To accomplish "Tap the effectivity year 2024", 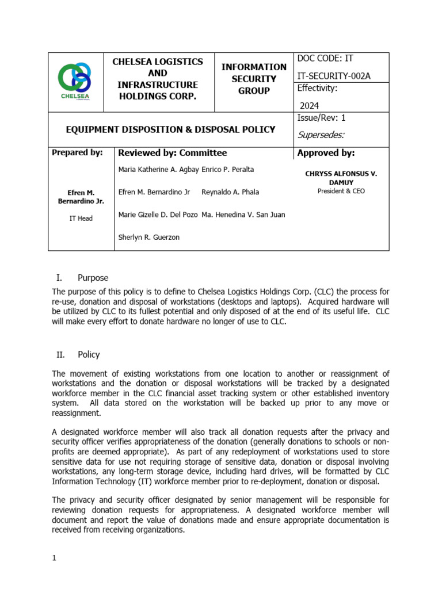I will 308,105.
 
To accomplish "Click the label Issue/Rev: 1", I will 321,118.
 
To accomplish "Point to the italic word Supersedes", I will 321,135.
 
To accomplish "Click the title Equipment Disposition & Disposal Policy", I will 170,129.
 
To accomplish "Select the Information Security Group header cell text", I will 254,79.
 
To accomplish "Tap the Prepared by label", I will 77,153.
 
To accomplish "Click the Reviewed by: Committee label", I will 172,153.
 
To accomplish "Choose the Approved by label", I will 326,153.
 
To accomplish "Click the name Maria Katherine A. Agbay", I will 158,170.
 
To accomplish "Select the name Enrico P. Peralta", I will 228,170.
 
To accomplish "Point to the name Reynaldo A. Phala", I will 231,192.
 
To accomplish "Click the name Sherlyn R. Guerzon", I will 148,237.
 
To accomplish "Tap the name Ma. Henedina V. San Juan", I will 243,215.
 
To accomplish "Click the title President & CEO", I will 341,191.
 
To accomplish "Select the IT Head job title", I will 81,219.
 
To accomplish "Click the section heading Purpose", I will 93,278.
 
